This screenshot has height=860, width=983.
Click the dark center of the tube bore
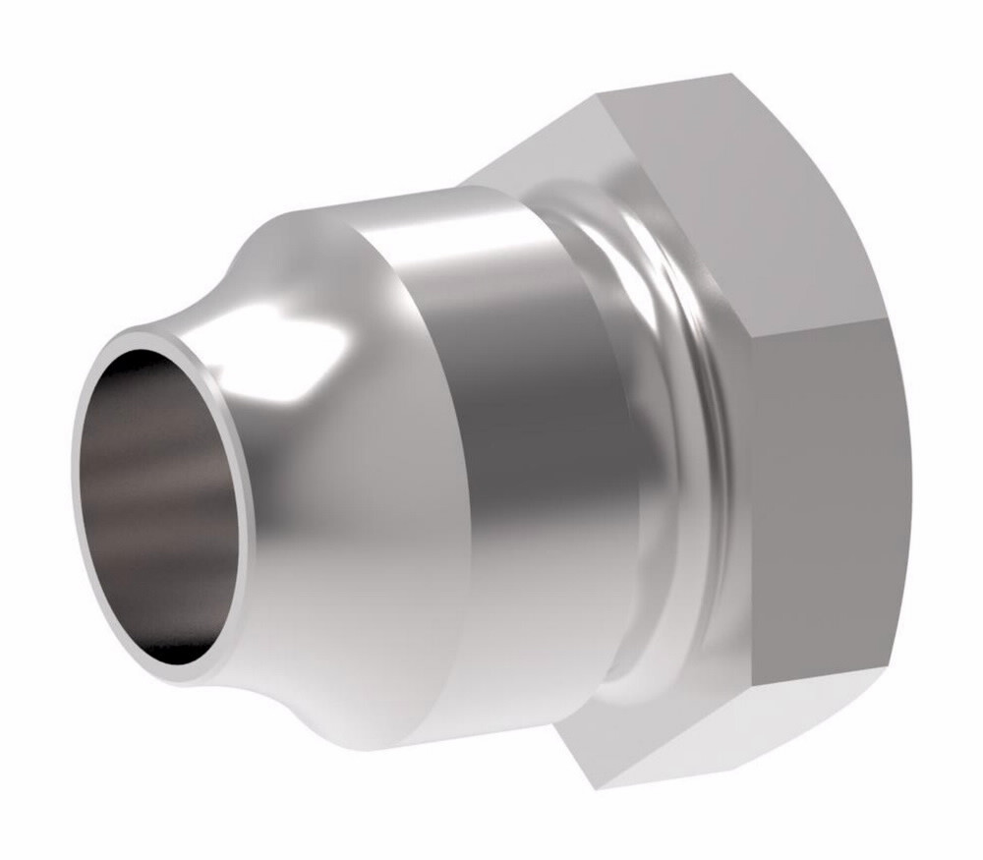pos(162,491)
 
